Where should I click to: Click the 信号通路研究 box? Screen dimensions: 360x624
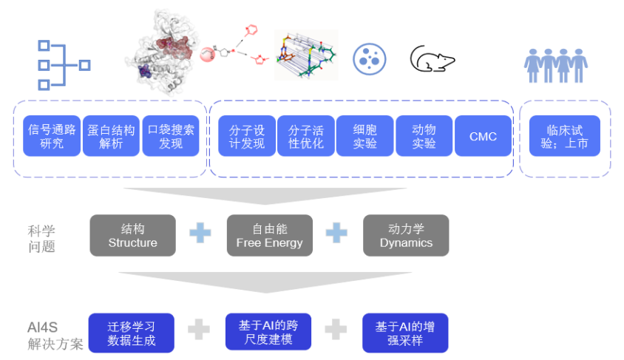click(52, 136)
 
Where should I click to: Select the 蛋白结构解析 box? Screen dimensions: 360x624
click(112, 136)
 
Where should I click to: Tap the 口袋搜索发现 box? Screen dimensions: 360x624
click(171, 136)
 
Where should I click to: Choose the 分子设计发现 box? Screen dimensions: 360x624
click(247, 136)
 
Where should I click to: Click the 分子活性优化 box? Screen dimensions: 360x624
click(306, 136)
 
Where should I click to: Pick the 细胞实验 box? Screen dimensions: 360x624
click(364, 136)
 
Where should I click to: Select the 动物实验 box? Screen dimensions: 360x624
click(424, 136)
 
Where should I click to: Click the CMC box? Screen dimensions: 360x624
click(483, 136)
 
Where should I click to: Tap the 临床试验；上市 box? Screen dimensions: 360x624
click(565, 136)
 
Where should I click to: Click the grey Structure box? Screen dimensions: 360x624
click(133, 236)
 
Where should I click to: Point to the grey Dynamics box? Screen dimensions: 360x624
click(406, 236)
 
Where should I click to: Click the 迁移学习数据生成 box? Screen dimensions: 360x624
click(132, 333)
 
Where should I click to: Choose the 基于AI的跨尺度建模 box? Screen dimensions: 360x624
click(268, 333)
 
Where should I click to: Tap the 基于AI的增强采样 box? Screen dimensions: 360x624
click(404, 333)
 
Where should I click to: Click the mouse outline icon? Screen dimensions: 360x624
click(433, 59)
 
